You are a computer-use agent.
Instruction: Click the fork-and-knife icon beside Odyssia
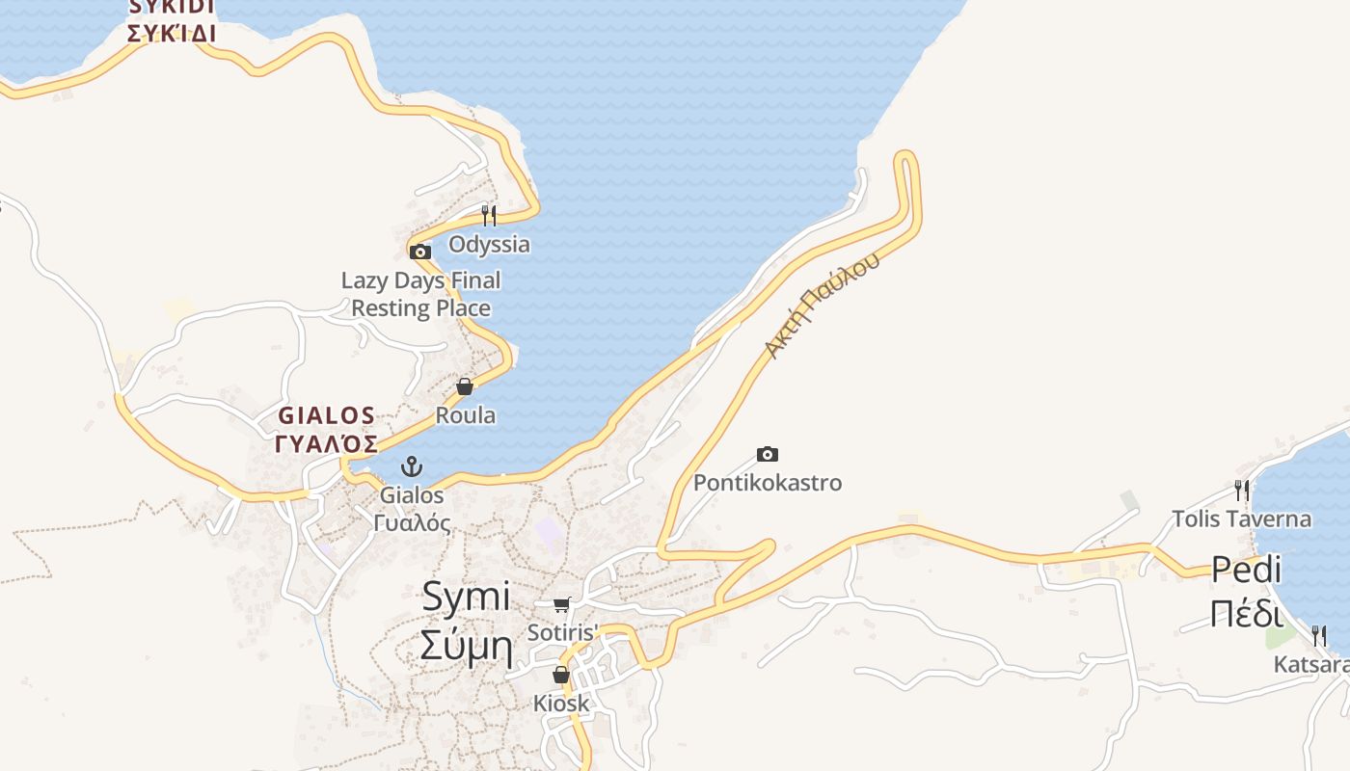coord(489,214)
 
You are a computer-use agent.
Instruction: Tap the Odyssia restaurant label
coord(489,244)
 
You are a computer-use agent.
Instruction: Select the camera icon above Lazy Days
coord(419,253)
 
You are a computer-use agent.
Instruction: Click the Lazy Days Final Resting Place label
coord(420,294)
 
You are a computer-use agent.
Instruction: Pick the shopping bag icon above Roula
coord(465,386)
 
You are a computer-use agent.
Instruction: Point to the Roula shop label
coord(466,415)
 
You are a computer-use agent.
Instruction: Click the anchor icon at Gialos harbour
coord(412,467)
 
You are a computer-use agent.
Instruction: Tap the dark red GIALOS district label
coord(327,415)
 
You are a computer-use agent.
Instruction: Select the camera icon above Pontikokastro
coord(768,454)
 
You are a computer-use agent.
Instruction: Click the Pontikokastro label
coord(768,483)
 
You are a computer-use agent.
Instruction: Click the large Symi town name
coord(466,598)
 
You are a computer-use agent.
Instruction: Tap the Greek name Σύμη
coord(466,646)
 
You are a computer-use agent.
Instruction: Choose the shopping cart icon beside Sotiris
coord(561,604)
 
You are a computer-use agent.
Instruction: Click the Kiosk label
coord(561,704)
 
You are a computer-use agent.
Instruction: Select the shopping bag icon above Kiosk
coord(561,675)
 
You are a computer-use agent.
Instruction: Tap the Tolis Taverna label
coord(1241,519)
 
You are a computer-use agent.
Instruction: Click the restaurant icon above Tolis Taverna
coord(1241,491)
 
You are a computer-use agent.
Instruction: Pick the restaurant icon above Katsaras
coord(1318,636)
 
